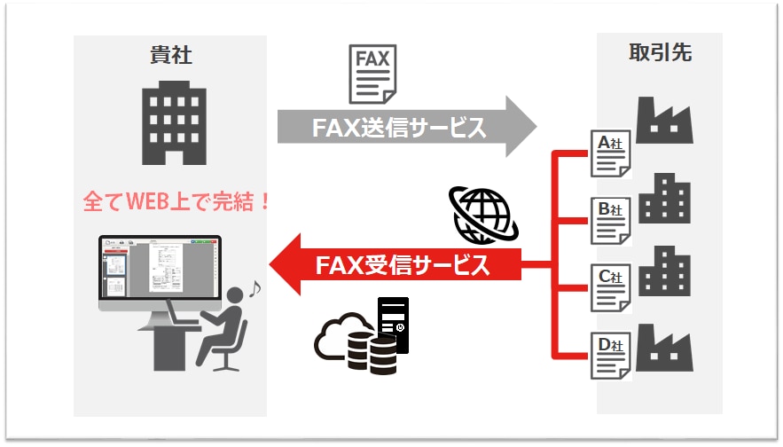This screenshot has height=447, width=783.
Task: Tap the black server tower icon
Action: pyautogui.click(x=393, y=325)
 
